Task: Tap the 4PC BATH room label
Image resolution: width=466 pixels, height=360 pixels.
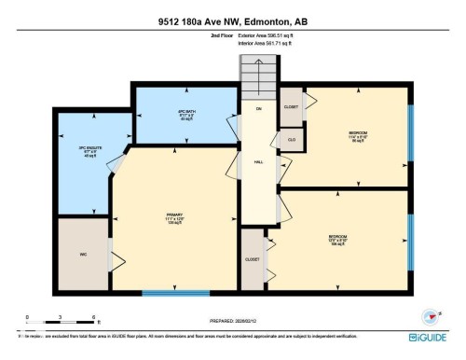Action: pyautogui.click(x=185, y=115)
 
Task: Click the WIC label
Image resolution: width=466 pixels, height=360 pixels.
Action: pyautogui.click(x=82, y=254)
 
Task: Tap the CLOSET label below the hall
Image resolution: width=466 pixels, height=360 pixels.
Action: pyautogui.click(x=252, y=258)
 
